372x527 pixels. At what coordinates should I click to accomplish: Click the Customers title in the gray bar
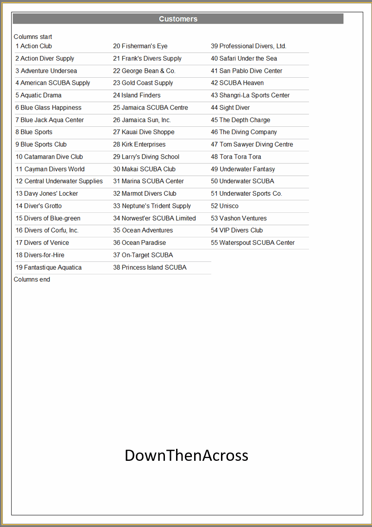[x=178, y=19]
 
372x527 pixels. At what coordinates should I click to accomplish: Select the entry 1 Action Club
[x=34, y=46]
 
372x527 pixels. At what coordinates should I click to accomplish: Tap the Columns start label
[x=33, y=37]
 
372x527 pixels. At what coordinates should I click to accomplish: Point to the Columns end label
[x=32, y=279]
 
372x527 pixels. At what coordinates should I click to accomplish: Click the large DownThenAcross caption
[x=186, y=455]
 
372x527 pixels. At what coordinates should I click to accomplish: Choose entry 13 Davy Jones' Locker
[x=47, y=194]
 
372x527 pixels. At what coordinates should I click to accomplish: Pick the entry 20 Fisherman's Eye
[x=140, y=46]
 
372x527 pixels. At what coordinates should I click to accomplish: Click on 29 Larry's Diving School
[x=146, y=157]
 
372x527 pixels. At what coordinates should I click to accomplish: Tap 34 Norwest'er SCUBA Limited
[x=154, y=218]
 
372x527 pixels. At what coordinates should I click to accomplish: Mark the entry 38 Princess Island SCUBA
[x=150, y=267]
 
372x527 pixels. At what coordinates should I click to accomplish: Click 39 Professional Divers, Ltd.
[x=248, y=46]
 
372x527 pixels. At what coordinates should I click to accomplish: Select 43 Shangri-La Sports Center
[x=250, y=95]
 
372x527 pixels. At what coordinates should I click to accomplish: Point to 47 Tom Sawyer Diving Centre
[x=252, y=144]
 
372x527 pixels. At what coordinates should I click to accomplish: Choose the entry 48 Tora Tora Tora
[x=236, y=157]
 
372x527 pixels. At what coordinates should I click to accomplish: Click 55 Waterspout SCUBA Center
[x=252, y=243]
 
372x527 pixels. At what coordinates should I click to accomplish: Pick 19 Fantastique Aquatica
[x=49, y=267]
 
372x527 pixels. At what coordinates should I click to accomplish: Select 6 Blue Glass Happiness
[x=48, y=108]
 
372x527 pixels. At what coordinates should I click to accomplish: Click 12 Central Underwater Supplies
[x=59, y=181]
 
